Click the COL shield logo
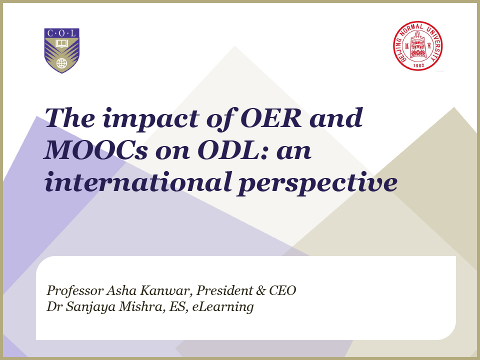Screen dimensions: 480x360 pos(62,50)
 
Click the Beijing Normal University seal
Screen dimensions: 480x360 pos(418,46)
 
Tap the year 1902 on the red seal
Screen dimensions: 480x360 pos(418,65)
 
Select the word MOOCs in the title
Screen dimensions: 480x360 pos(96,150)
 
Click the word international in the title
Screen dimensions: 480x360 pos(138,182)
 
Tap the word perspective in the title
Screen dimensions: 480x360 pos(317,183)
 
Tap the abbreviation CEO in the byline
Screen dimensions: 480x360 pos(282,290)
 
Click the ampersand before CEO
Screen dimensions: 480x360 pos(261,290)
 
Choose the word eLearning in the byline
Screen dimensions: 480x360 pos(223,307)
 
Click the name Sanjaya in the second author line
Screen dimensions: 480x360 pos(90,307)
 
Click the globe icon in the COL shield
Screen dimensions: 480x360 pos(62,63)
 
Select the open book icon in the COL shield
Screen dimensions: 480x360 pos(62,43)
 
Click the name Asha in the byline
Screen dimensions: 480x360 pos(121,290)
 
